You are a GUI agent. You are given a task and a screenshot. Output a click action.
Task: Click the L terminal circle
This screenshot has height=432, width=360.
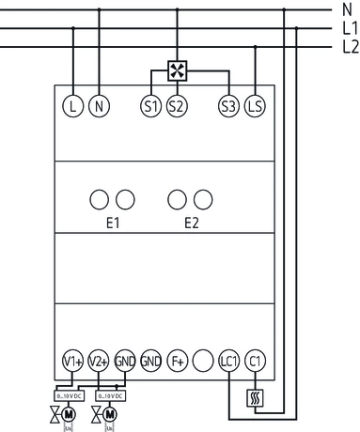tap(73, 105)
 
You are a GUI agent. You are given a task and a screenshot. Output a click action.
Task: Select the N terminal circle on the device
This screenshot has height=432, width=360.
tap(99, 105)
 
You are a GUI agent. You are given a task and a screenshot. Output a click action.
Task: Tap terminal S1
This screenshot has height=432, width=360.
tap(150, 105)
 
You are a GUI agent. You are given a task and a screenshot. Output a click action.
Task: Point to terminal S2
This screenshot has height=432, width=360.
tap(176, 105)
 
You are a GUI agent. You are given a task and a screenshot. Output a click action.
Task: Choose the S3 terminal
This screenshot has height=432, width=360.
tap(227, 105)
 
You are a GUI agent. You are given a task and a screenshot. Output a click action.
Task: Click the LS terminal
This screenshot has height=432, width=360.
tap(254, 105)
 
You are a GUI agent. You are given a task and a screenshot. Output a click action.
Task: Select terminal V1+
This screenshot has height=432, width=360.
tap(73, 361)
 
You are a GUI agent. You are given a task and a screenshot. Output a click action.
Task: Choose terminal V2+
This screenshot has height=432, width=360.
tap(100, 361)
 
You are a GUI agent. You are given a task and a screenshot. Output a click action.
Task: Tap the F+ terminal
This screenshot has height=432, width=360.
tap(177, 361)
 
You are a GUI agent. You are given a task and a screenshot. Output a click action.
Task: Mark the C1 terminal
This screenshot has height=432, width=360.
tap(254, 361)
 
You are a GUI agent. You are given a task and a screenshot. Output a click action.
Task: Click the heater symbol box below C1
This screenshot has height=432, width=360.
tap(254, 398)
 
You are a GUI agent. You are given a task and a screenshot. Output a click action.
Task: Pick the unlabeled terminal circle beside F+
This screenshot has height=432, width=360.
tap(202, 361)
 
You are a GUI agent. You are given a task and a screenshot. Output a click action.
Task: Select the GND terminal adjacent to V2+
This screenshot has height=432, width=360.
tap(125, 361)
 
